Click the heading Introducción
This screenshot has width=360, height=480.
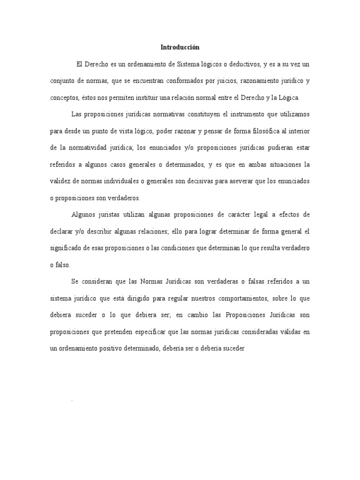pos(180,47)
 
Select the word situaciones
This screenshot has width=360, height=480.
pos(280,165)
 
